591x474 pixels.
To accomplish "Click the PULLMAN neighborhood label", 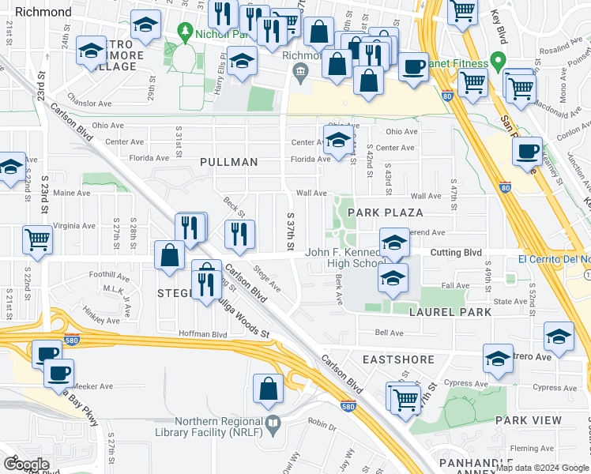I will [x=229, y=162].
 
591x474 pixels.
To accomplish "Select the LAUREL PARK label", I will [x=450, y=312].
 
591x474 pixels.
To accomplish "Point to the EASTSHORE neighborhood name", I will [x=398, y=359].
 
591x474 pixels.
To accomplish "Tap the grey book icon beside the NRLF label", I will [x=273, y=425].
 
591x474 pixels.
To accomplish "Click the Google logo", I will [x=26, y=465].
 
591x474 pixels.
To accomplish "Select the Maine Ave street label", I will [x=71, y=193].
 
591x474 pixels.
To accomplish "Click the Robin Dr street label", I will [x=322, y=424].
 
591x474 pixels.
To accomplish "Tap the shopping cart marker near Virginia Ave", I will [x=38, y=239].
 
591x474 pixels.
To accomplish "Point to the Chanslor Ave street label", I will [x=89, y=103].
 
